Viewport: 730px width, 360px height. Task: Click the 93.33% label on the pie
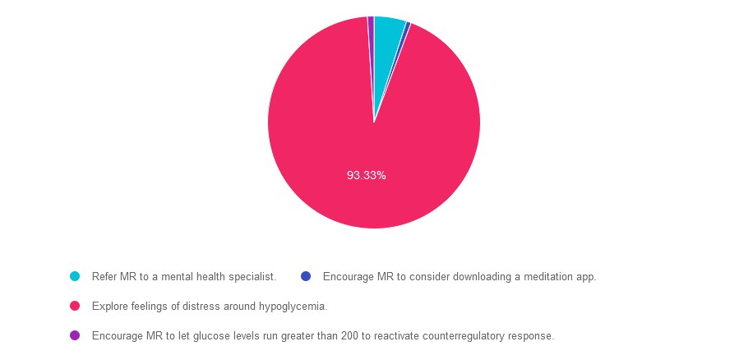367,176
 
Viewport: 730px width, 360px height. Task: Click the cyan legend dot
75,276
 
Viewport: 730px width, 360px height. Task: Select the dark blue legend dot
306,276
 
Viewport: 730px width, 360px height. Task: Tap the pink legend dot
75,306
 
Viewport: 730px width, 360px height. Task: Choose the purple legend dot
75,335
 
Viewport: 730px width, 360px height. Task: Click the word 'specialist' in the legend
255,277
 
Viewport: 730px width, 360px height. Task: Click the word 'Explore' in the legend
109,307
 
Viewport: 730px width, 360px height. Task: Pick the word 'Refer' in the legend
104,277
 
